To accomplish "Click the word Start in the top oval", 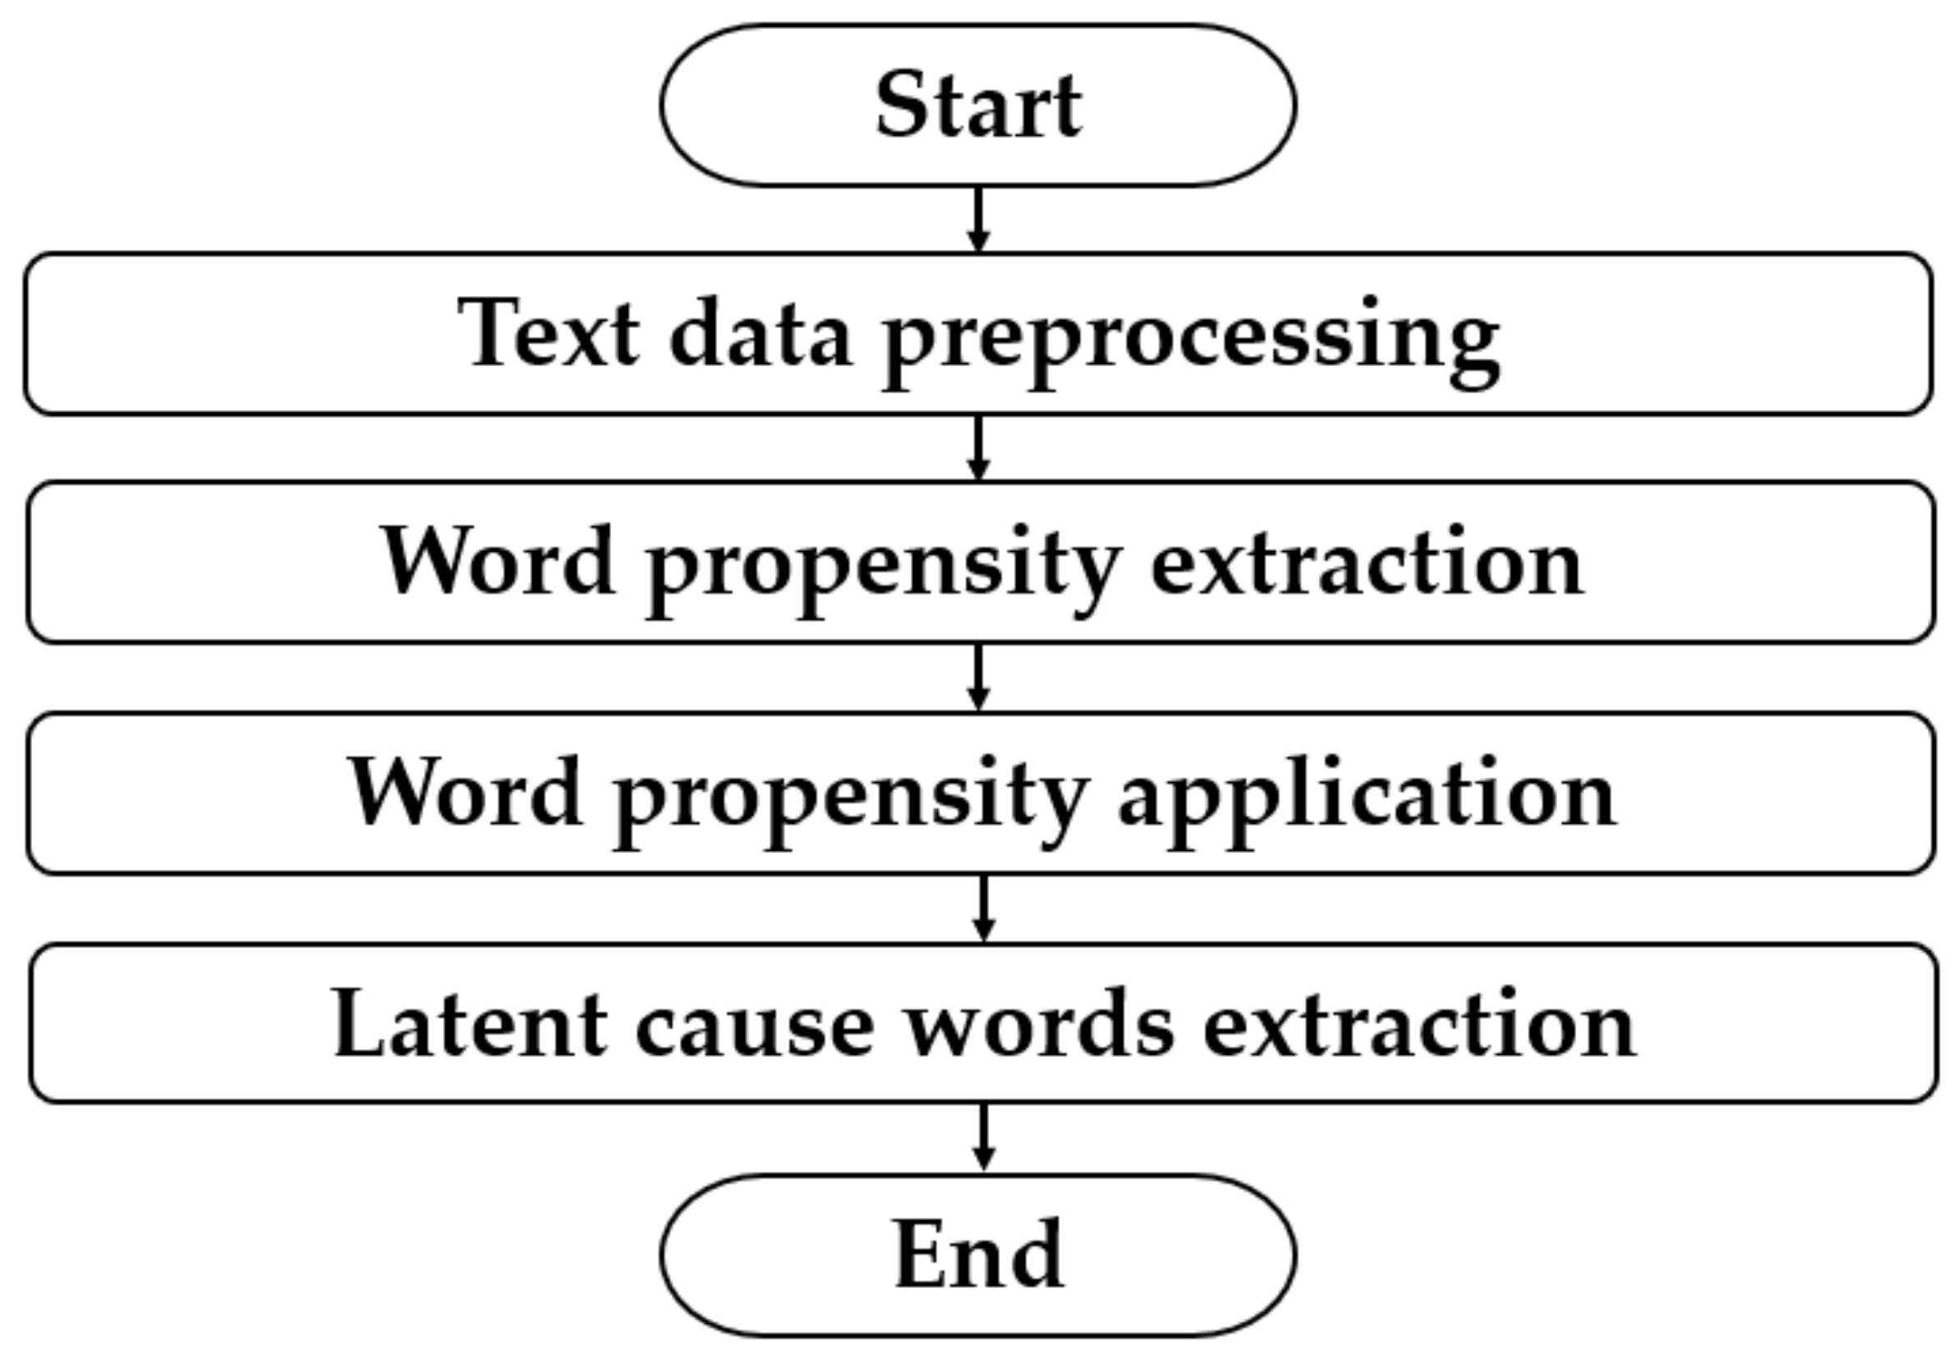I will coord(978,106).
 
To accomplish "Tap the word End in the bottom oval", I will coord(978,1255).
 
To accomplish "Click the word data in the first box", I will coord(760,335).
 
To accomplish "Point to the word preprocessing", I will coord(1190,341).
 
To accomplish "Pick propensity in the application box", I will coord(849,801).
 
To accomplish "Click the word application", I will coord(1366,799).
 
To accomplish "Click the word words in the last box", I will coord(1039,1025).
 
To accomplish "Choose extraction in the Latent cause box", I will coord(1420,1025).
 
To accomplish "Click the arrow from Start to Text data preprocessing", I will coord(978,220).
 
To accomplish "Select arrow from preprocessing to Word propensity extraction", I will coord(978,448).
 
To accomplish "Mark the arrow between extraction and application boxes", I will coord(978,678).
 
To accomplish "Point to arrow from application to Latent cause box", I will coord(983,909).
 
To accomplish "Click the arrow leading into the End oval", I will coord(983,1138).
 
